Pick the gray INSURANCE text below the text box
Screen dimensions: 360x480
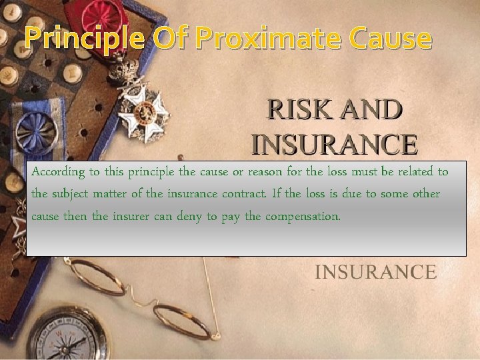[375, 272]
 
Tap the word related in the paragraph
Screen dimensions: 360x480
[413, 172]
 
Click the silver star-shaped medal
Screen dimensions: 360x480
[143, 107]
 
